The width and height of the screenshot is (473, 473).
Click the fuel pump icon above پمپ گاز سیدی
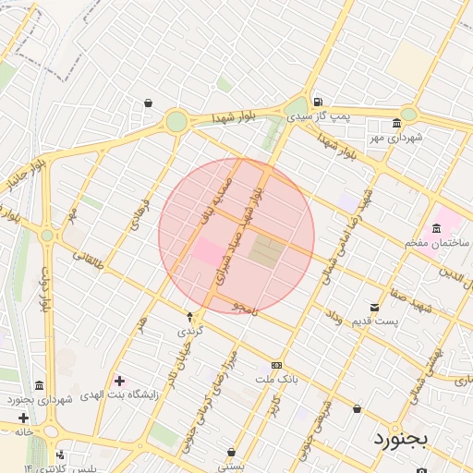tap(317, 102)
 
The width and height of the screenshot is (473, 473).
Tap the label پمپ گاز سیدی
tap(318, 116)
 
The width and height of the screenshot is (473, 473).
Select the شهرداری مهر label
tap(396, 137)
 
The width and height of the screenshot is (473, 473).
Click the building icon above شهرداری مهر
tap(396, 124)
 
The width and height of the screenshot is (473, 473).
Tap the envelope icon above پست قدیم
tap(374, 307)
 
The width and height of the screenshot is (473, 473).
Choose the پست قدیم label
tap(374, 321)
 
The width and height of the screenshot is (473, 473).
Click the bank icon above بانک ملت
tap(276, 366)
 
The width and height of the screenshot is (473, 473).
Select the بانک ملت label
tap(276, 379)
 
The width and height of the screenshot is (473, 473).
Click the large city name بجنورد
tap(402, 438)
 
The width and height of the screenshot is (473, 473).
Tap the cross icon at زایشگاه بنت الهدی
tap(119, 380)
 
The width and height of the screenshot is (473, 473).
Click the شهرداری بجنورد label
tap(40, 399)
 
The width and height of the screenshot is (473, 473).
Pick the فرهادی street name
tap(140, 212)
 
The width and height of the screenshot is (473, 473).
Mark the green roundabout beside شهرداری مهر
tap(407, 114)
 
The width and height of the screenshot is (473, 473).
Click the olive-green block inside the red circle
tap(265, 251)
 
